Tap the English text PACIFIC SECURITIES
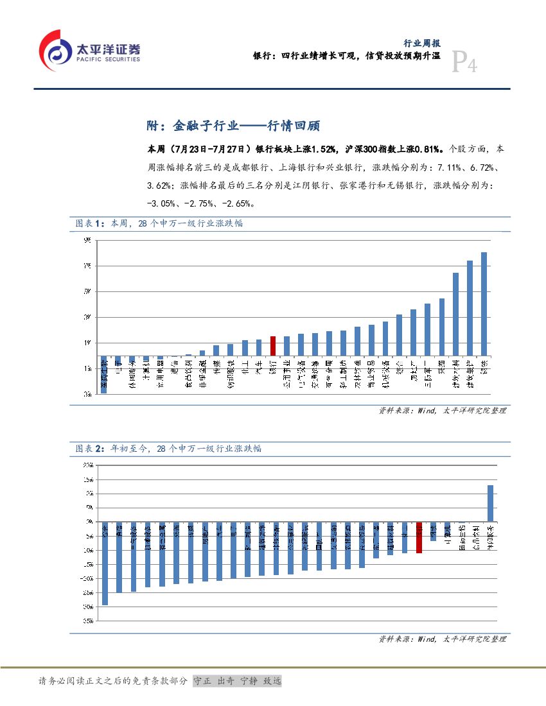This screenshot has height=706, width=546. (108, 59)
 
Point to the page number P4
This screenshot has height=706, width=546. (464, 64)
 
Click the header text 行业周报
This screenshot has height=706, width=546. (421, 44)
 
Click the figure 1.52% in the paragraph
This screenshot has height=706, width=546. (321, 150)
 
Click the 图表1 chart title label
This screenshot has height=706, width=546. (89, 223)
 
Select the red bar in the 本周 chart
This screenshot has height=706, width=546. (273, 346)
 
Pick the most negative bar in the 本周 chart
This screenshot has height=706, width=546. (104, 374)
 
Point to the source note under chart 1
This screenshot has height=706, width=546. (442, 410)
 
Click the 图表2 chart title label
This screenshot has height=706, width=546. (89, 449)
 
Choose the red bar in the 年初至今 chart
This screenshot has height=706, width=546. (419, 537)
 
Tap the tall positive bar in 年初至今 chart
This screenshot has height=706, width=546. (490, 503)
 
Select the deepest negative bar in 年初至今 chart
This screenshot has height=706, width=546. (105, 563)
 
